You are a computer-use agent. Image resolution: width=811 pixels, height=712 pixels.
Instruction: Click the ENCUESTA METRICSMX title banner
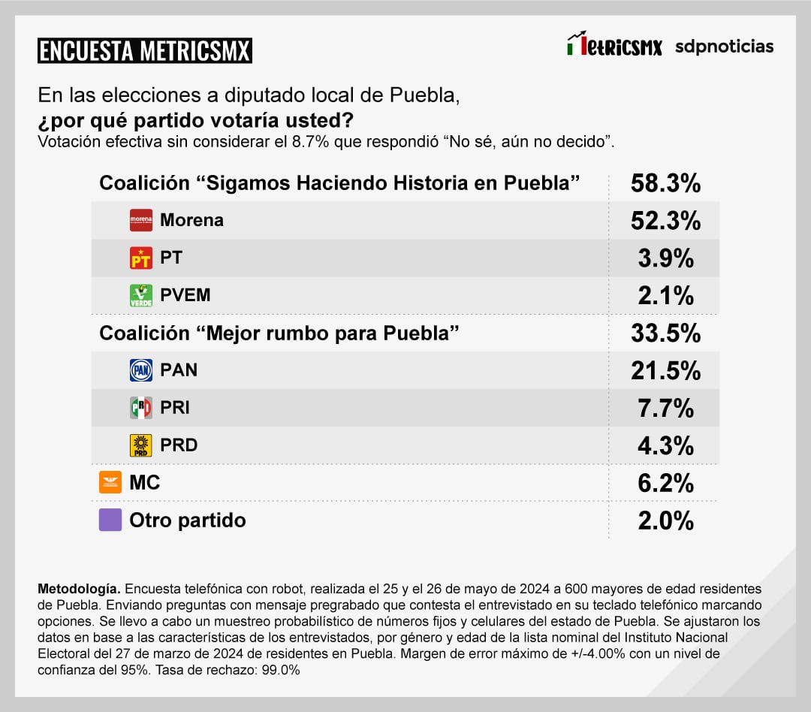pos(144,50)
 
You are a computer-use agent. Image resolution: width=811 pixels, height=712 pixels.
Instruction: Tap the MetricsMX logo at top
pos(614,46)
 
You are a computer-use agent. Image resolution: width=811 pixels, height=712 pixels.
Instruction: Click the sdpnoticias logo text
pos(724,47)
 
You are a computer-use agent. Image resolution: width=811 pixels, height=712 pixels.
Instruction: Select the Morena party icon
pos(141,220)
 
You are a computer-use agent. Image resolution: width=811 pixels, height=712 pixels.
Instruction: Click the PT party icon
pos(141,258)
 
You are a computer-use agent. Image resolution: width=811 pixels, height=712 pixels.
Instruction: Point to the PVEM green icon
pos(141,295)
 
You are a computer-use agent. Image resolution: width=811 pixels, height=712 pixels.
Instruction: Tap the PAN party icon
pos(141,370)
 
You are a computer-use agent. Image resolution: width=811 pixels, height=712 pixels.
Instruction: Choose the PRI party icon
pos(141,408)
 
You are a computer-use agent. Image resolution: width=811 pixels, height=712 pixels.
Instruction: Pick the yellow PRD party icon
pos(141,445)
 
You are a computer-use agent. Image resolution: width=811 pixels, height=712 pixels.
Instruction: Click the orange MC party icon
pos(110,482)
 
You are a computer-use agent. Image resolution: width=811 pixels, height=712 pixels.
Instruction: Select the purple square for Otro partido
pos(110,520)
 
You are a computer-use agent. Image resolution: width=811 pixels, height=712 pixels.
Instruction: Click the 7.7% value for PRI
pos(665,409)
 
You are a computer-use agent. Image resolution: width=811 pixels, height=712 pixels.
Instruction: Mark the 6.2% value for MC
pos(665,484)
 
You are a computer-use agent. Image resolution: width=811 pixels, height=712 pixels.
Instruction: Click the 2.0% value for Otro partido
pos(665,520)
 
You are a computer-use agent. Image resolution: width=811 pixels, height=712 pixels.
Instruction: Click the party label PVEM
pos(185,295)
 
